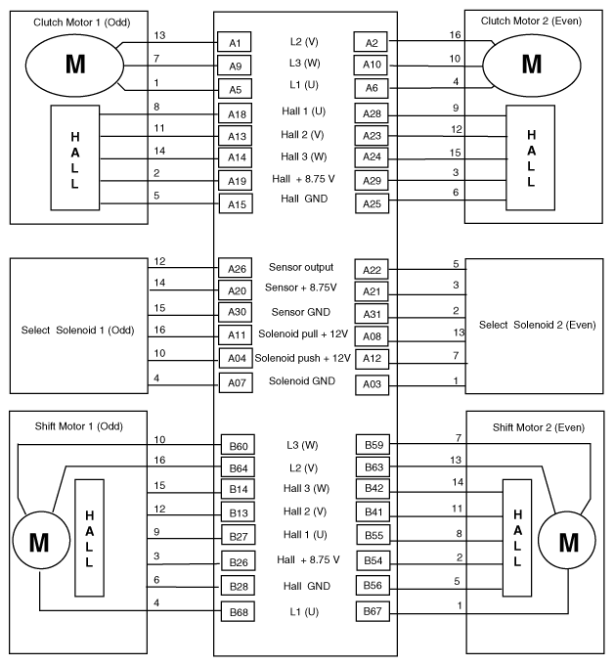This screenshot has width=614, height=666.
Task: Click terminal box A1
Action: point(235,43)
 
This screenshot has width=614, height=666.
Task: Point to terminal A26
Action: point(235,269)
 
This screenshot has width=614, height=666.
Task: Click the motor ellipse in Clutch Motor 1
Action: point(75,65)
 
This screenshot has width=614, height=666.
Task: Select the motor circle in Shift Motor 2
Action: point(567,540)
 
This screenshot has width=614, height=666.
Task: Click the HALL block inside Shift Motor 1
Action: point(89,537)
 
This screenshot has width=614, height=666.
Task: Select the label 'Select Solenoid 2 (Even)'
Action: point(538,325)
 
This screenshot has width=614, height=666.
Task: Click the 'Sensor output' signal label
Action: point(301,267)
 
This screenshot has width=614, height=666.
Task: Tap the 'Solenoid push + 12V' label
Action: point(301,358)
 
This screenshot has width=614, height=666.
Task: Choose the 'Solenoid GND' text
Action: point(301,380)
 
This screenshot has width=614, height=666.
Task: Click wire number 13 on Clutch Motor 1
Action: point(159,35)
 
